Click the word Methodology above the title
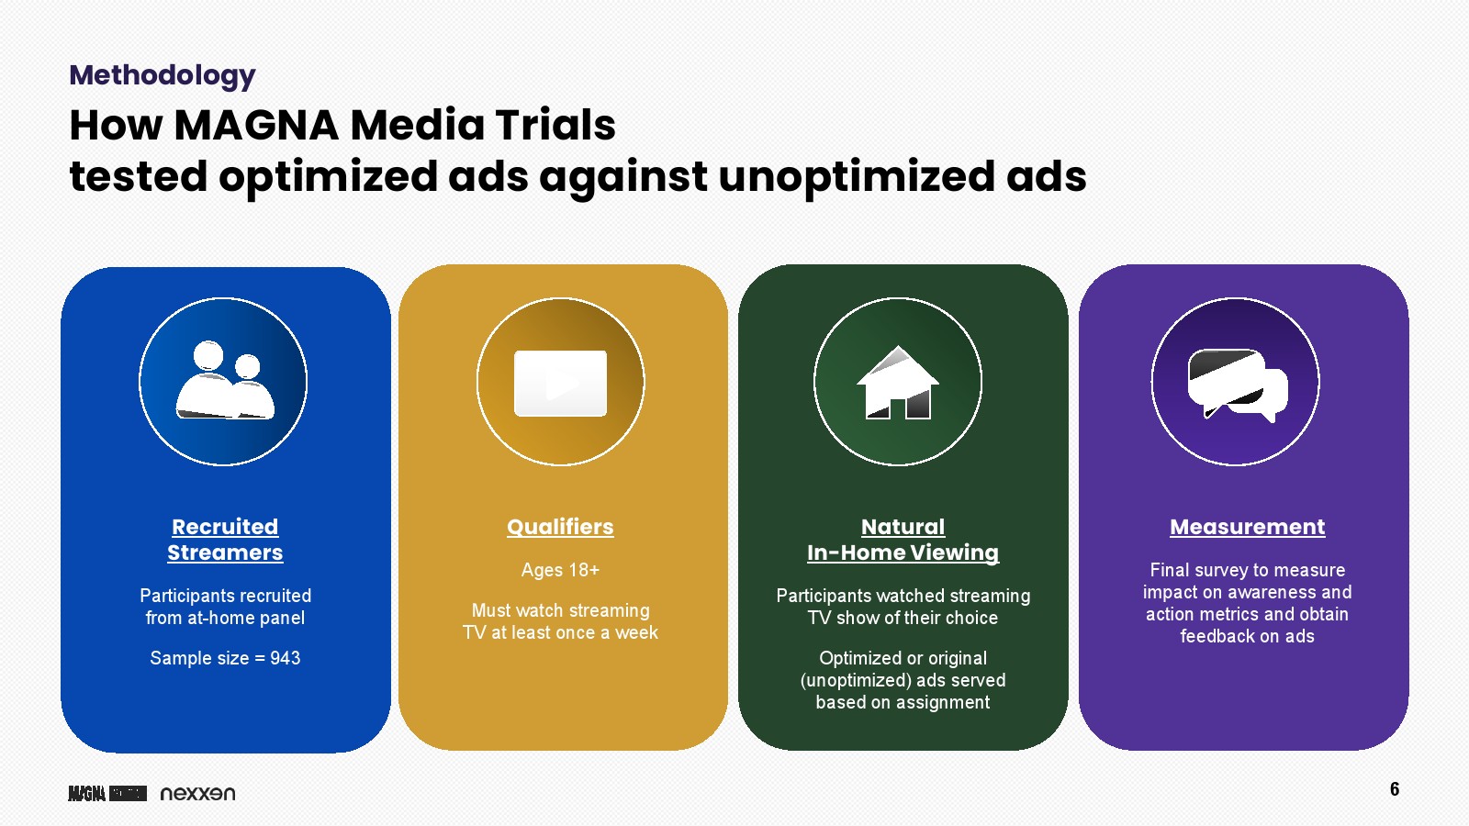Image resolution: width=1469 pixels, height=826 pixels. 162,76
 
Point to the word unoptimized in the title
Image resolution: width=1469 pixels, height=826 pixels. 857,177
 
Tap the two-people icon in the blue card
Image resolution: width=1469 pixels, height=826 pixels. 224,380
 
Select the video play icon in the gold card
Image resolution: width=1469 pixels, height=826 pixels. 561,384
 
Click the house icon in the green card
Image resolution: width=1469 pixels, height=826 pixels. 898,382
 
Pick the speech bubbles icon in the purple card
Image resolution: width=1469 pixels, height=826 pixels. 1238,385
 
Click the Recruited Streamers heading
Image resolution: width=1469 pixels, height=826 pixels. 225,540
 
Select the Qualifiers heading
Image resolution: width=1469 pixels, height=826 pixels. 561,527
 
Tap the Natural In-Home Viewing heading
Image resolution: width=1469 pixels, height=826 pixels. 903,540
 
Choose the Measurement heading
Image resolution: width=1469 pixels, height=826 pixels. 1248,527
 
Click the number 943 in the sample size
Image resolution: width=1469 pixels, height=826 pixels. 286,657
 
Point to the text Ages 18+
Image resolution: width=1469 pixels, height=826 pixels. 561,570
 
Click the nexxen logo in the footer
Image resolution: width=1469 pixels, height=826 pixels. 197,793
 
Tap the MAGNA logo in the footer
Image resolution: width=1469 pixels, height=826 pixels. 107,793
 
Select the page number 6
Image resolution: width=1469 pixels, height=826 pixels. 1395,788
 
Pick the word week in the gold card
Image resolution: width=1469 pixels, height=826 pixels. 636,632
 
